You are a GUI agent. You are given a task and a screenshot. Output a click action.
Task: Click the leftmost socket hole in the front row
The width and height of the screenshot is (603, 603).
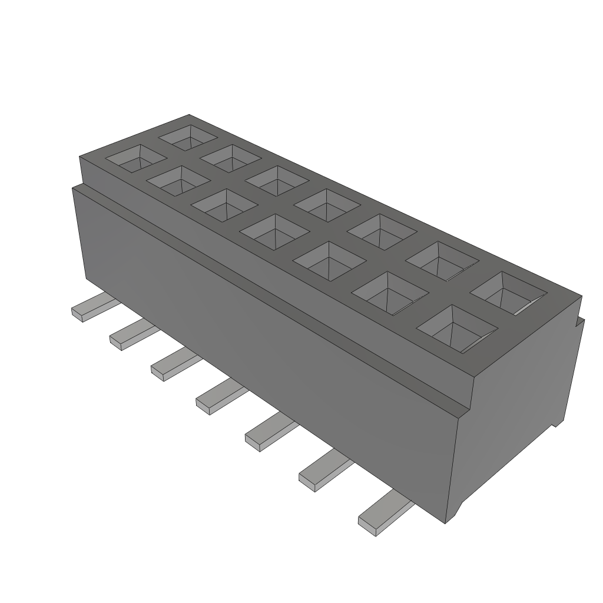[x=135, y=158]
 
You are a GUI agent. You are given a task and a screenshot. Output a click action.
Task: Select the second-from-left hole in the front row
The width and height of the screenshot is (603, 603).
[x=178, y=181]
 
